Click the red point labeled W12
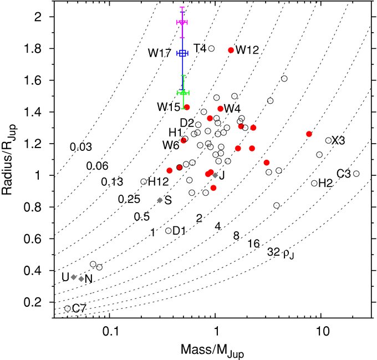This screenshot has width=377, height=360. point(231,50)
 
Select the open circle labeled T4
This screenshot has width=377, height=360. point(211,49)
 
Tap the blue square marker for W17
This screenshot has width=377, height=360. point(182,53)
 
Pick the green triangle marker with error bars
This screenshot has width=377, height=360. point(182,92)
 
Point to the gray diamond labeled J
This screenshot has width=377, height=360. point(215,175)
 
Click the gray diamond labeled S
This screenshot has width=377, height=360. point(160,200)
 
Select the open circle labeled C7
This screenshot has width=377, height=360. point(68,308)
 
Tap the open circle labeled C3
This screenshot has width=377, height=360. point(356,174)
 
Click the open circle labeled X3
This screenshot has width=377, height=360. point(328,140)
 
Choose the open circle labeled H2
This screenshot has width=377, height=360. point(314,183)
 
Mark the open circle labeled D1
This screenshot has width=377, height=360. point(169,231)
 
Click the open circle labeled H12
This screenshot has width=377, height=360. point(144,181)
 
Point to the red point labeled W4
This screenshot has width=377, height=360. point(220,109)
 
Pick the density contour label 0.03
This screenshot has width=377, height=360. point(81,147)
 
